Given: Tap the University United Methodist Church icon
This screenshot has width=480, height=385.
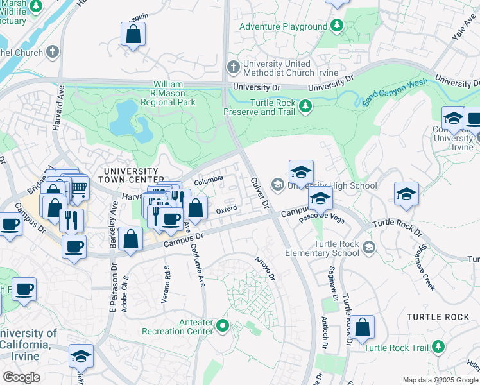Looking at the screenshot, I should pyautogui.click(x=234, y=66).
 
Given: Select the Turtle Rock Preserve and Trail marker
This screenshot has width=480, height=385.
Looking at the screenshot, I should pyautogui.click(x=306, y=106).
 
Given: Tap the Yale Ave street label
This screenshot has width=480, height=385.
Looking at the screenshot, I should pyautogui.click(x=462, y=26).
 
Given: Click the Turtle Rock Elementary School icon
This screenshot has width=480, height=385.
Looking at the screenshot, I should pyautogui.click(x=369, y=247).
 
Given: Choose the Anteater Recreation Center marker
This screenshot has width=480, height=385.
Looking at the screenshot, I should pyautogui.click(x=223, y=325).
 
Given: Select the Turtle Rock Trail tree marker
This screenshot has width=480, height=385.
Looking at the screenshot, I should pyautogui.click(x=439, y=347).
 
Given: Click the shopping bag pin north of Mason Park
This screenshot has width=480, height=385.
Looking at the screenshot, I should pyautogui.click(x=133, y=35).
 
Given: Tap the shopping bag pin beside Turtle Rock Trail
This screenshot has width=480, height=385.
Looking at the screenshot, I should pyautogui.click(x=363, y=327).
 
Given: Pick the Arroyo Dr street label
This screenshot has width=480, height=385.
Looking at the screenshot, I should pyautogui.click(x=265, y=269).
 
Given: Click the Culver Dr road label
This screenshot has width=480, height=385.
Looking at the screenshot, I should pyautogui.click(x=260, y=193).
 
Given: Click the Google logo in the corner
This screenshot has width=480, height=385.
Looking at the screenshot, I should pyautogui.click(x=21, y=377).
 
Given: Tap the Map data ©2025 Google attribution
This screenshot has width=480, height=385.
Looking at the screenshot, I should pyautogui.click(x=440, y=380).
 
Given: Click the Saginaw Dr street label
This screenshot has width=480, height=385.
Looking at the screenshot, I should pyautogui.click(x=332, y=284).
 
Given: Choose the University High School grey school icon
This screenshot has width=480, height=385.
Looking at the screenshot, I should pyautogui.click(x=277, y=185).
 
